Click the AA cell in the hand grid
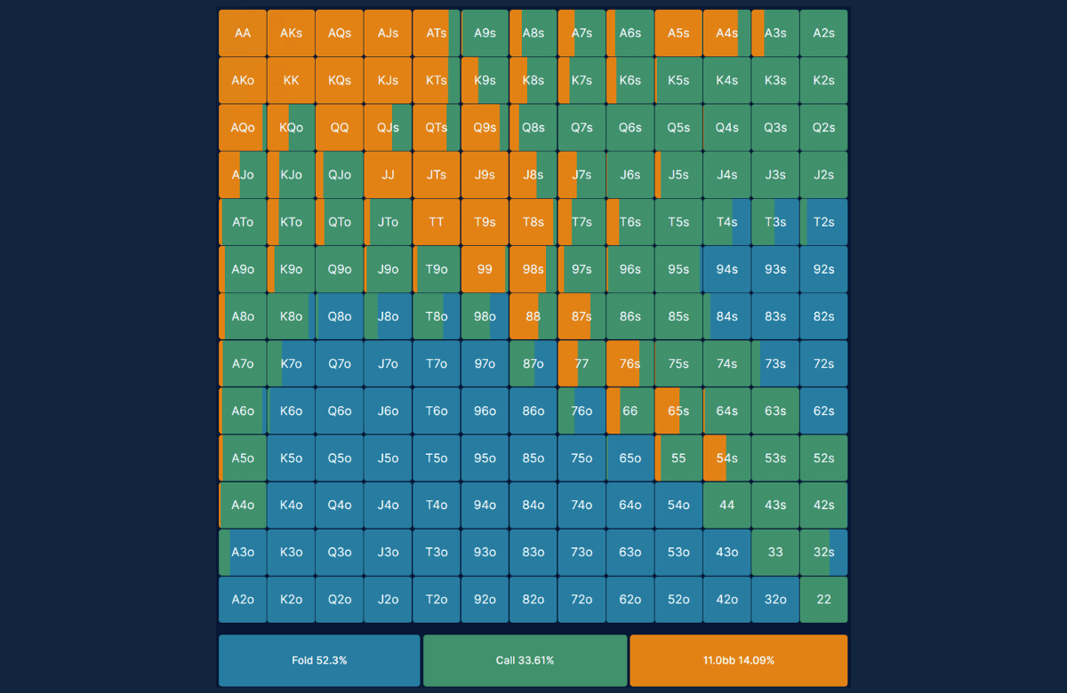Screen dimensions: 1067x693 pyautogui.click(x=243, y=33)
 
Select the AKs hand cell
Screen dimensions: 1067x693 pyautogui.click(x=291, y=33)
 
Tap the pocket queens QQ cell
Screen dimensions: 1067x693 pyautogui.click(x=340, y=127)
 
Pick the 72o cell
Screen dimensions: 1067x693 pyautogui.click(x=582, y=599)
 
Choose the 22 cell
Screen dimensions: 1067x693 pyautogui.click(x=823, y=599)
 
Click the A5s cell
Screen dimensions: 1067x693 pyautogui.click(x=678, y=33)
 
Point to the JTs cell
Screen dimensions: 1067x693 pyautogui.click(x=437, y=175)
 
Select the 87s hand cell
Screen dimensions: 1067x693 pyautogui.click(x=582, y=316)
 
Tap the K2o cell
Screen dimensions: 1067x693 pyautogui.click(x=291, y=599)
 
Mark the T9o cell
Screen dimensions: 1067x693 pyautogui.click(x=437, y=269)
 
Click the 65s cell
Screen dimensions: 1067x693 pyautogui.click(x=678, y=410)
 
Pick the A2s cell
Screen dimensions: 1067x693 pyautogui.click(x=823, y=33)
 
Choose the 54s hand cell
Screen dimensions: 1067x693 pyautogui.click(x=727, y=458)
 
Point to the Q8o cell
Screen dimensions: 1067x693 pyautogui.click(x=340, y=316)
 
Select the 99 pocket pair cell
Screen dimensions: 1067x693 pyautogui.click(x=485, y=269)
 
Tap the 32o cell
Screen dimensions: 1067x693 pyautogui.click(x=775, y=599)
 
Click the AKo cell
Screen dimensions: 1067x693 pyautogui.click(x=243, y=80)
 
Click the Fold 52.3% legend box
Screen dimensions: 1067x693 pyautogui.click(x=319, y=660)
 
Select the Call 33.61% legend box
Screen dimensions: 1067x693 pyautogui.click(x=525, y=660)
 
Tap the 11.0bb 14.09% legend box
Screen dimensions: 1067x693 pyautogui.click(x=739, y=660)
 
